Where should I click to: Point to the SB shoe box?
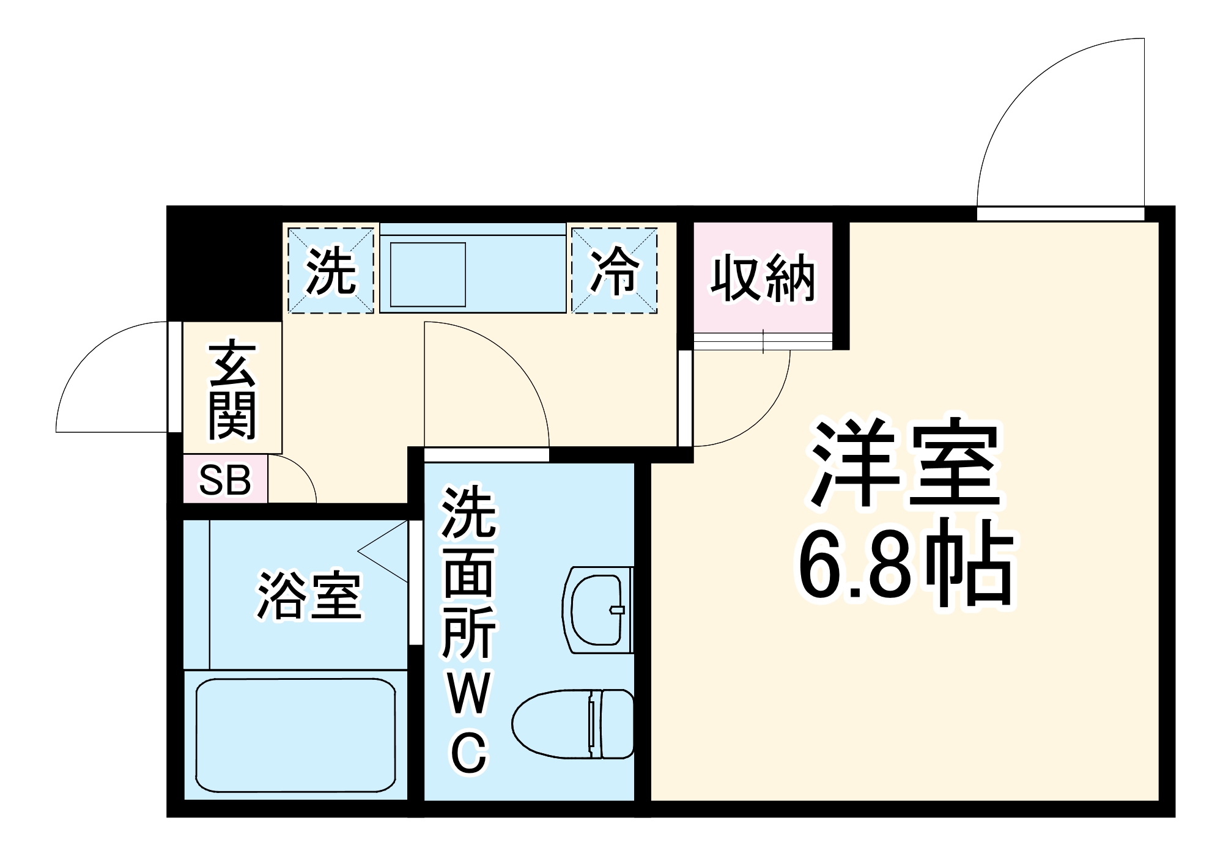(225, 481)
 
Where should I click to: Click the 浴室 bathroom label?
(309, 595)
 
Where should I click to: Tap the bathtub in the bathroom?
(296, 734)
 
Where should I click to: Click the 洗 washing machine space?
(331, 271)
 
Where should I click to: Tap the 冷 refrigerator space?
(614, 271)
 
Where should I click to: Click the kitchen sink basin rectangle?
(428, 275)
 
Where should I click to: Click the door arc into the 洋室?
(764, 416)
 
